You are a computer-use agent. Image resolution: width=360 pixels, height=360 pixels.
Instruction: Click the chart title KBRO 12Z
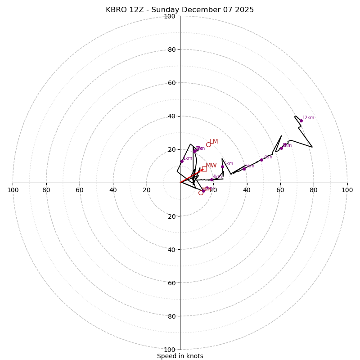click(180, 10)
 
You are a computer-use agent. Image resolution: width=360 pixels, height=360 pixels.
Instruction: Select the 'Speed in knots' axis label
click(180, 356)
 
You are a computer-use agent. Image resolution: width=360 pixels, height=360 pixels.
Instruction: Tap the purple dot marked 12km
click(301, 121)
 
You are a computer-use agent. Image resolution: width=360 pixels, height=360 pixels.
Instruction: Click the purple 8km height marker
click(281, 148)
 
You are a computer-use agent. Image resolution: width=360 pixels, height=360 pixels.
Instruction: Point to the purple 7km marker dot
click(261, 160)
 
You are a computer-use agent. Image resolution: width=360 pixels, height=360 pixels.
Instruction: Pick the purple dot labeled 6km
click(244, 169)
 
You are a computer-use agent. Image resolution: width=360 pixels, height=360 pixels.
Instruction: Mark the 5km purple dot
click(222, 166)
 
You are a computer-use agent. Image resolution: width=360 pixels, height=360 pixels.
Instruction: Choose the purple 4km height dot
click(211, 180)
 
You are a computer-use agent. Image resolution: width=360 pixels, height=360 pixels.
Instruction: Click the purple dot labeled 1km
click(182, 161)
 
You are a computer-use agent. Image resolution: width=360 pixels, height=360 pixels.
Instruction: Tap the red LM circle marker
click(208, 144)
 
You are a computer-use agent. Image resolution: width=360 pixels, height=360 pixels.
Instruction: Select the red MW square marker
click(204, 169)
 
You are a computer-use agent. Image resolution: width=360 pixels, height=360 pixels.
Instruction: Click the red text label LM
click(214, 142)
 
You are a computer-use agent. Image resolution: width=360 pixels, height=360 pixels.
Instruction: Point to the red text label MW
click(211, 166)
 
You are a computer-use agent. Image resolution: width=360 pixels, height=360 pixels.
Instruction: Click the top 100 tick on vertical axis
click(170, 17)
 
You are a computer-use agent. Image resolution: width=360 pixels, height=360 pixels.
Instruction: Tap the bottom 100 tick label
click(170, 350)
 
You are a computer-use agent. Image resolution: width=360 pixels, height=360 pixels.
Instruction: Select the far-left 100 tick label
click(13, 190)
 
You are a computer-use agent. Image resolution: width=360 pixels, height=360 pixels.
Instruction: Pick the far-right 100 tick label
click(347, 190)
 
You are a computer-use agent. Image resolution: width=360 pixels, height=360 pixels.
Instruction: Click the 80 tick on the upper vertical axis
click(171, 50)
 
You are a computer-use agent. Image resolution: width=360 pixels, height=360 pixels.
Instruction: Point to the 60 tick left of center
click(80, 190)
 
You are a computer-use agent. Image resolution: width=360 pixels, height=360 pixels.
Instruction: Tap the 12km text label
click(308, 118)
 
